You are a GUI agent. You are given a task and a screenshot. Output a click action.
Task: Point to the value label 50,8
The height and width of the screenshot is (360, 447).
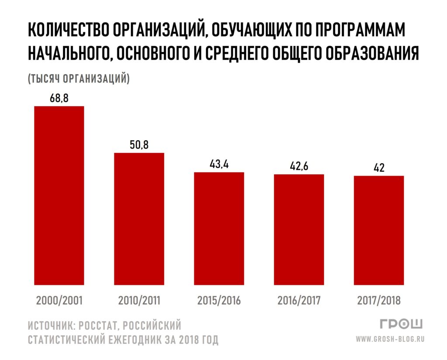click(139, 145)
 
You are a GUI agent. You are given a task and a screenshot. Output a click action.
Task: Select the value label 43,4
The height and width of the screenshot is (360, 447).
click(219, 164)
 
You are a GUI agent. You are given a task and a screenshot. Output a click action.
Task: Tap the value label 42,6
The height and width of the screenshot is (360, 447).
click(299, 166)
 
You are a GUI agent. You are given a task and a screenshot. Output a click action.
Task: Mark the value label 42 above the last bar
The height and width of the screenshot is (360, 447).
click(379, 168)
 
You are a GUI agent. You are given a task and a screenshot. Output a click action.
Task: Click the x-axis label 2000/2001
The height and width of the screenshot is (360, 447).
click(59, 301)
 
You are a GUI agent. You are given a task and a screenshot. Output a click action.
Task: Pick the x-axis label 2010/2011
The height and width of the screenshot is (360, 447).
click(139, 301)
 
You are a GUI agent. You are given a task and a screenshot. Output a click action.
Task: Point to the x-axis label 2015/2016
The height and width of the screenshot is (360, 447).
click(219, 301)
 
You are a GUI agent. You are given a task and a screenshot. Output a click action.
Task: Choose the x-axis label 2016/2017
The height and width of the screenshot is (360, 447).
click(299, 301)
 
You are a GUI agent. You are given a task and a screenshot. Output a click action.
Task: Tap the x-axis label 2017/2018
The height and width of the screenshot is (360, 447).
click(379, 301)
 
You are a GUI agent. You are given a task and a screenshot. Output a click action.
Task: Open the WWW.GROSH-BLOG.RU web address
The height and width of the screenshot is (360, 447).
click(390, 339)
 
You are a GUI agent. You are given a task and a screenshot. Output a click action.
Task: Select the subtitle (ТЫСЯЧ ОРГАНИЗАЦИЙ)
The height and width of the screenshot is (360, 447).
click(79, 79)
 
